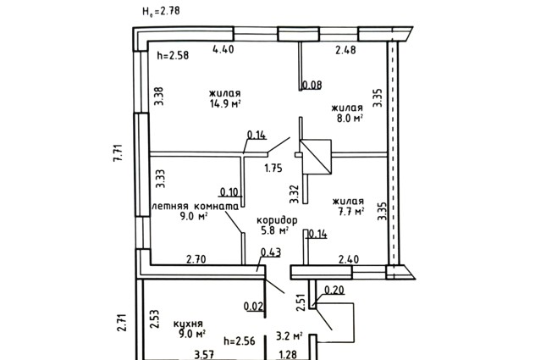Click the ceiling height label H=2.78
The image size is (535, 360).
(x=161, y=12)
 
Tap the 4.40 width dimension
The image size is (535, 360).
(x=223, y=49)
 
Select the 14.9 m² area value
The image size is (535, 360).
(x=225, y=104)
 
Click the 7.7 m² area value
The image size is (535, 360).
(x=351, y=212)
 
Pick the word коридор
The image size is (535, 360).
(x=277, y=220)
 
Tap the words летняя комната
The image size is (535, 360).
(x=196, y=207)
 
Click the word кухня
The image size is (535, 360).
(x=188, y=324)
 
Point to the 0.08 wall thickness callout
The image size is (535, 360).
(x=312, y=85)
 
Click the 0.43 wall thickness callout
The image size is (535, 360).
(x=271, y=252)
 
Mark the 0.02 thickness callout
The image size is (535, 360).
(x=254, y=307)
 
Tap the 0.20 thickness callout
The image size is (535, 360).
(x=334, y=291)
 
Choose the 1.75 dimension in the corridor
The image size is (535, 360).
(x=273, y=169)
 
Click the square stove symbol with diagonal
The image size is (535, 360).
(x=315, y=157)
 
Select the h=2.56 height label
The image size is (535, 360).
(x=240, y=341)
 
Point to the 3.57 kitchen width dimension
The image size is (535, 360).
(x=204, y=355)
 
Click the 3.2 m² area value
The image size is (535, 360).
(x=289, y=336)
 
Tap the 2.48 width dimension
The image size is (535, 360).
(x=345, y=50)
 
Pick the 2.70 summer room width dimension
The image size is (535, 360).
(x=196, y=259)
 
